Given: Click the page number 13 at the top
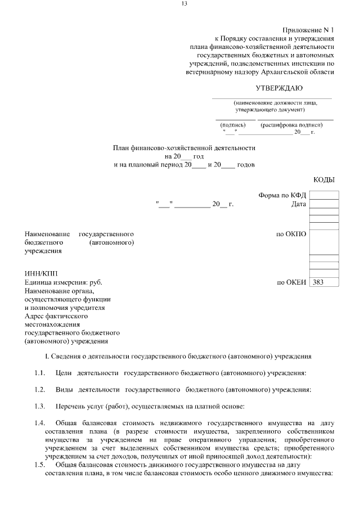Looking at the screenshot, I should coord(184,4).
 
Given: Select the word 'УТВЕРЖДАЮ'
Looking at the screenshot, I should coord(279,88).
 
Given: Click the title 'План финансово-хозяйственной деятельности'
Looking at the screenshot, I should coord(184,147).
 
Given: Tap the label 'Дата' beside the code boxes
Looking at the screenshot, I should coord(299,204).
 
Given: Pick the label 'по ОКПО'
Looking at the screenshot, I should coord(291,233).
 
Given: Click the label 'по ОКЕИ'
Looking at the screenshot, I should coord(291,282).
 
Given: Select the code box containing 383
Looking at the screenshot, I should coord(324,282).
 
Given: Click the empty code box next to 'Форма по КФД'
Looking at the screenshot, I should coord(324,195).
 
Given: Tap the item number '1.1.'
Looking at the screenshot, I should coord(39,373).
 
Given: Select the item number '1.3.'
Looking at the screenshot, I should coord(39,406).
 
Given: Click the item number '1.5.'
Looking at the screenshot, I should coord(39,465).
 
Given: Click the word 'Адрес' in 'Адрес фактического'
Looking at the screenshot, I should coord(35,317).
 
